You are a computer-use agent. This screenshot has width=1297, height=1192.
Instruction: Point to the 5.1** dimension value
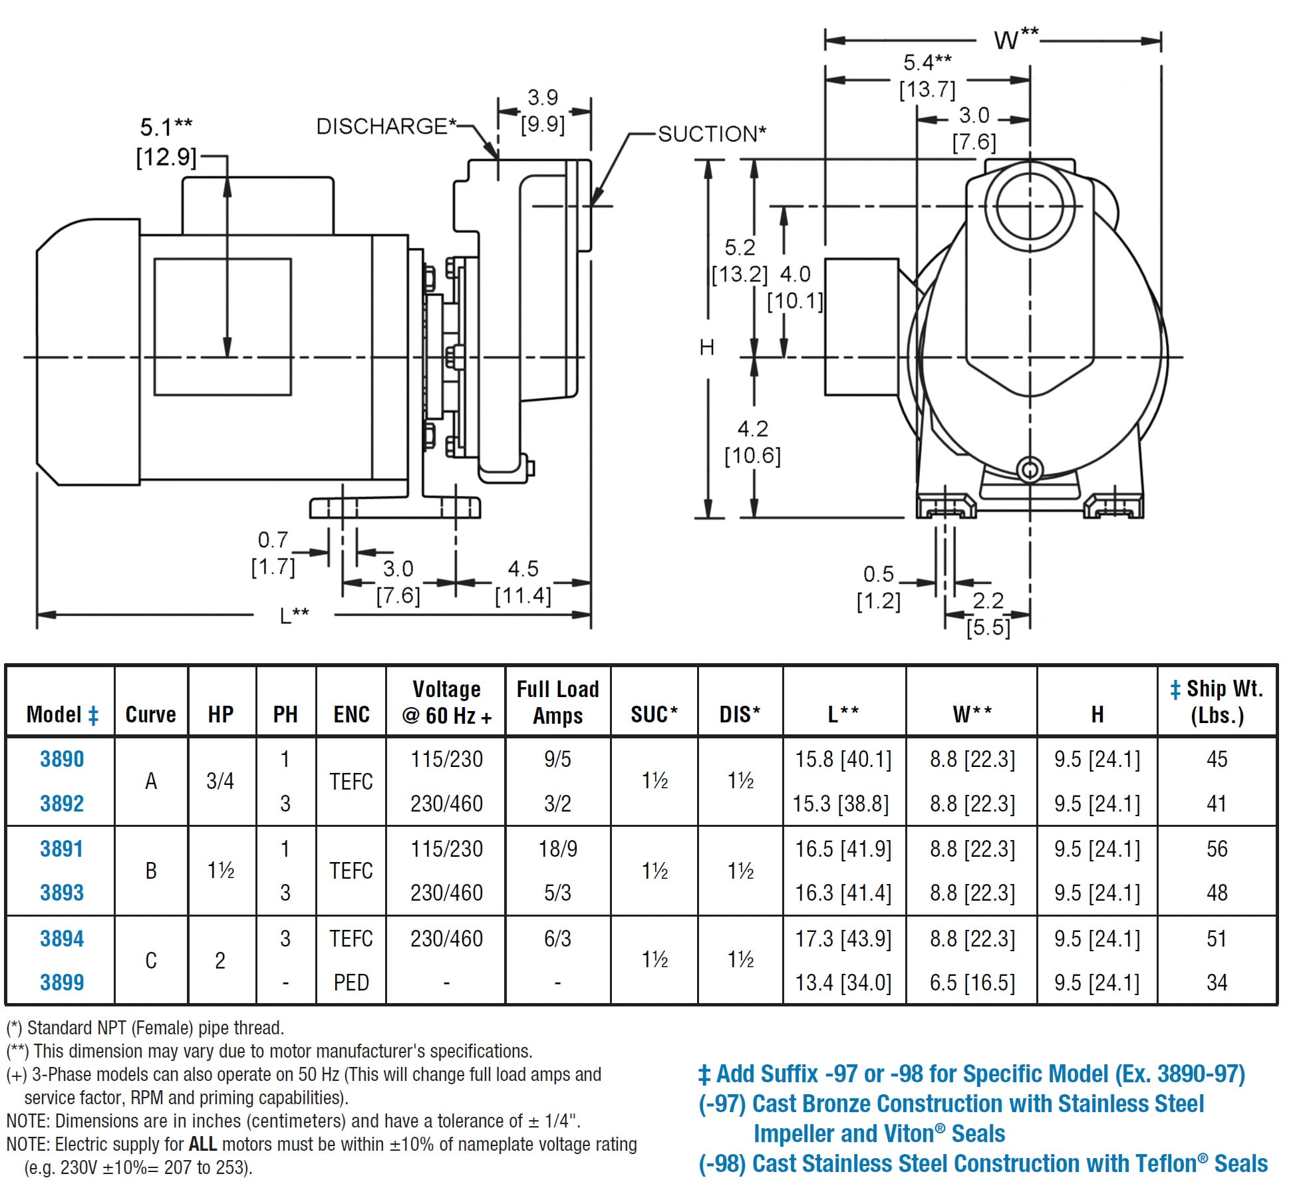(x=166, y=126)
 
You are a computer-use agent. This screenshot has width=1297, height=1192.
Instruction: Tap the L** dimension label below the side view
(x=294, y=615)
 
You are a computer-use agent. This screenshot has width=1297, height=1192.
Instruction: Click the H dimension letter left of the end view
(x=707, y=347)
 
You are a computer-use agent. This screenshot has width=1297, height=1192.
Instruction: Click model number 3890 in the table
(x=62, y=759)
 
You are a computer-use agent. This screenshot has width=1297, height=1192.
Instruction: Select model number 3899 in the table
(x=62, y=982)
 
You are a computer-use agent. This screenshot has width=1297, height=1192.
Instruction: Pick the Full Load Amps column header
(x=557, y=702)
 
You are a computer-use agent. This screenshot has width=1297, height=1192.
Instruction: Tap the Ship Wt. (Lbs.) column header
(x=1217, y=702)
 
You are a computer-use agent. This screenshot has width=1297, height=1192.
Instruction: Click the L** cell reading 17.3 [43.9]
(x=843, y=939)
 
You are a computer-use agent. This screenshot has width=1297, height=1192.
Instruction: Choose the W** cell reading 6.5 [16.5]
(x=972, y=982)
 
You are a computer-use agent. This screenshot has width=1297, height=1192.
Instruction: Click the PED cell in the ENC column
(x=351, y=982)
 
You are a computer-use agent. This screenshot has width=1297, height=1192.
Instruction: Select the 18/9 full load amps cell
(x=557, y=849)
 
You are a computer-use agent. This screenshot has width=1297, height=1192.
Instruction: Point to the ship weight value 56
(x=1217, y=849)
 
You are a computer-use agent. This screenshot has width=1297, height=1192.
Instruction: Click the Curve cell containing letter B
(x=151, y=871)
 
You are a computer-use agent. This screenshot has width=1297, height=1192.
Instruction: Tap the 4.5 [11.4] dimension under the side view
(x=523, y=582)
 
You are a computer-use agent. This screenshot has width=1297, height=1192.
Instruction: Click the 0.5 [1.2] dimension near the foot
(x=879, y=587)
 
